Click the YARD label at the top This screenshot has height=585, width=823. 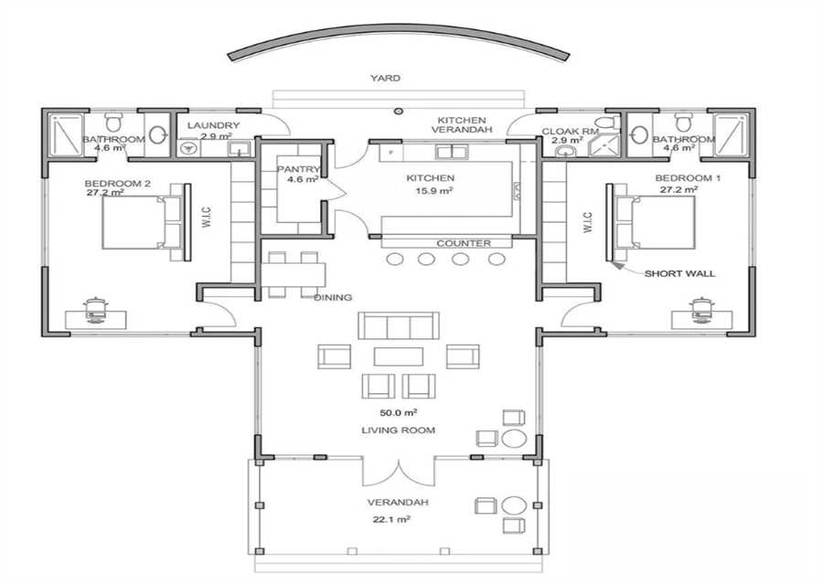[x=385, y=79]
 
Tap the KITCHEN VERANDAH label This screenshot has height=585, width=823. [x=463, y=125]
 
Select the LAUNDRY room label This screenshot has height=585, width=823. [x=213, y=126]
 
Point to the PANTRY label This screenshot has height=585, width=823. [x=298, y=169]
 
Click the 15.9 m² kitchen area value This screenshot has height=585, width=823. [x=434, y=190]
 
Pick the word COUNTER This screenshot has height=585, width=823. [x=464, y=243]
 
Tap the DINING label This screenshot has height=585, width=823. [x=333, y=297]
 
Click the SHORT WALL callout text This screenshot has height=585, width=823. [x=679, y=273]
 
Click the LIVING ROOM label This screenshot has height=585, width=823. [x=399, y=431]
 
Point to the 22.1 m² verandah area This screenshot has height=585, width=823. [x=391, y=519]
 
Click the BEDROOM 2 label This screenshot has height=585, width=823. [x=118, y=184]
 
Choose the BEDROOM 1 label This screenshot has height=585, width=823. [x=688, y=178]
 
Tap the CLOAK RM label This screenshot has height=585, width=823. [x=570, y=132]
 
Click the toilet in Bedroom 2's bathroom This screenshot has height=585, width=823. [x=112, y=122]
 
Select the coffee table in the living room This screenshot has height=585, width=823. [x=399, y=356]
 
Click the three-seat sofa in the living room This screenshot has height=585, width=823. [x=399, y=325]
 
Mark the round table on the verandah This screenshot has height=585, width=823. [x=514, y=505]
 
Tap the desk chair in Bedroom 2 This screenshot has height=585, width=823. [x=95, y=310]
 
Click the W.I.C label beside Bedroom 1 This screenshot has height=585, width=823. [x=587, y=222]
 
